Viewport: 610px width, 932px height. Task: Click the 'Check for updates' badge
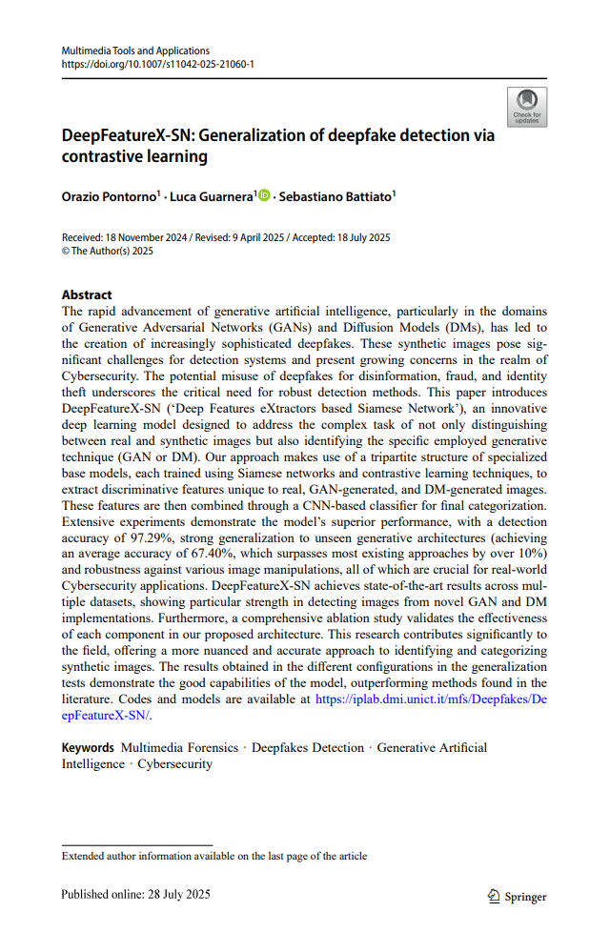click(x=527, y=106)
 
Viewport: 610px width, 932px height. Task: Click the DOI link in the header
click(x=157, y=65)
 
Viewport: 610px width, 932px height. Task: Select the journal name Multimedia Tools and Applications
click(x=135, y=51)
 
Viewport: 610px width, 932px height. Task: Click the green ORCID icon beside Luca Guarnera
click(x=264, y=196)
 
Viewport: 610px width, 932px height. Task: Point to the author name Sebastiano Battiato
click(x=336, y=196)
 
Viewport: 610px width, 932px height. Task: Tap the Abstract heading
click(x=87, y=295)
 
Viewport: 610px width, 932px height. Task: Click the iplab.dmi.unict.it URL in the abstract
click(x=430, y=699)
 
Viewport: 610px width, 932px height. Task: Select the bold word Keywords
click(x=88, y=748)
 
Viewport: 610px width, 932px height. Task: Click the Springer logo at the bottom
click(x=517, y=896)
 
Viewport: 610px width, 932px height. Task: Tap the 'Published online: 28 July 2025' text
click(x=135, y=895)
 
